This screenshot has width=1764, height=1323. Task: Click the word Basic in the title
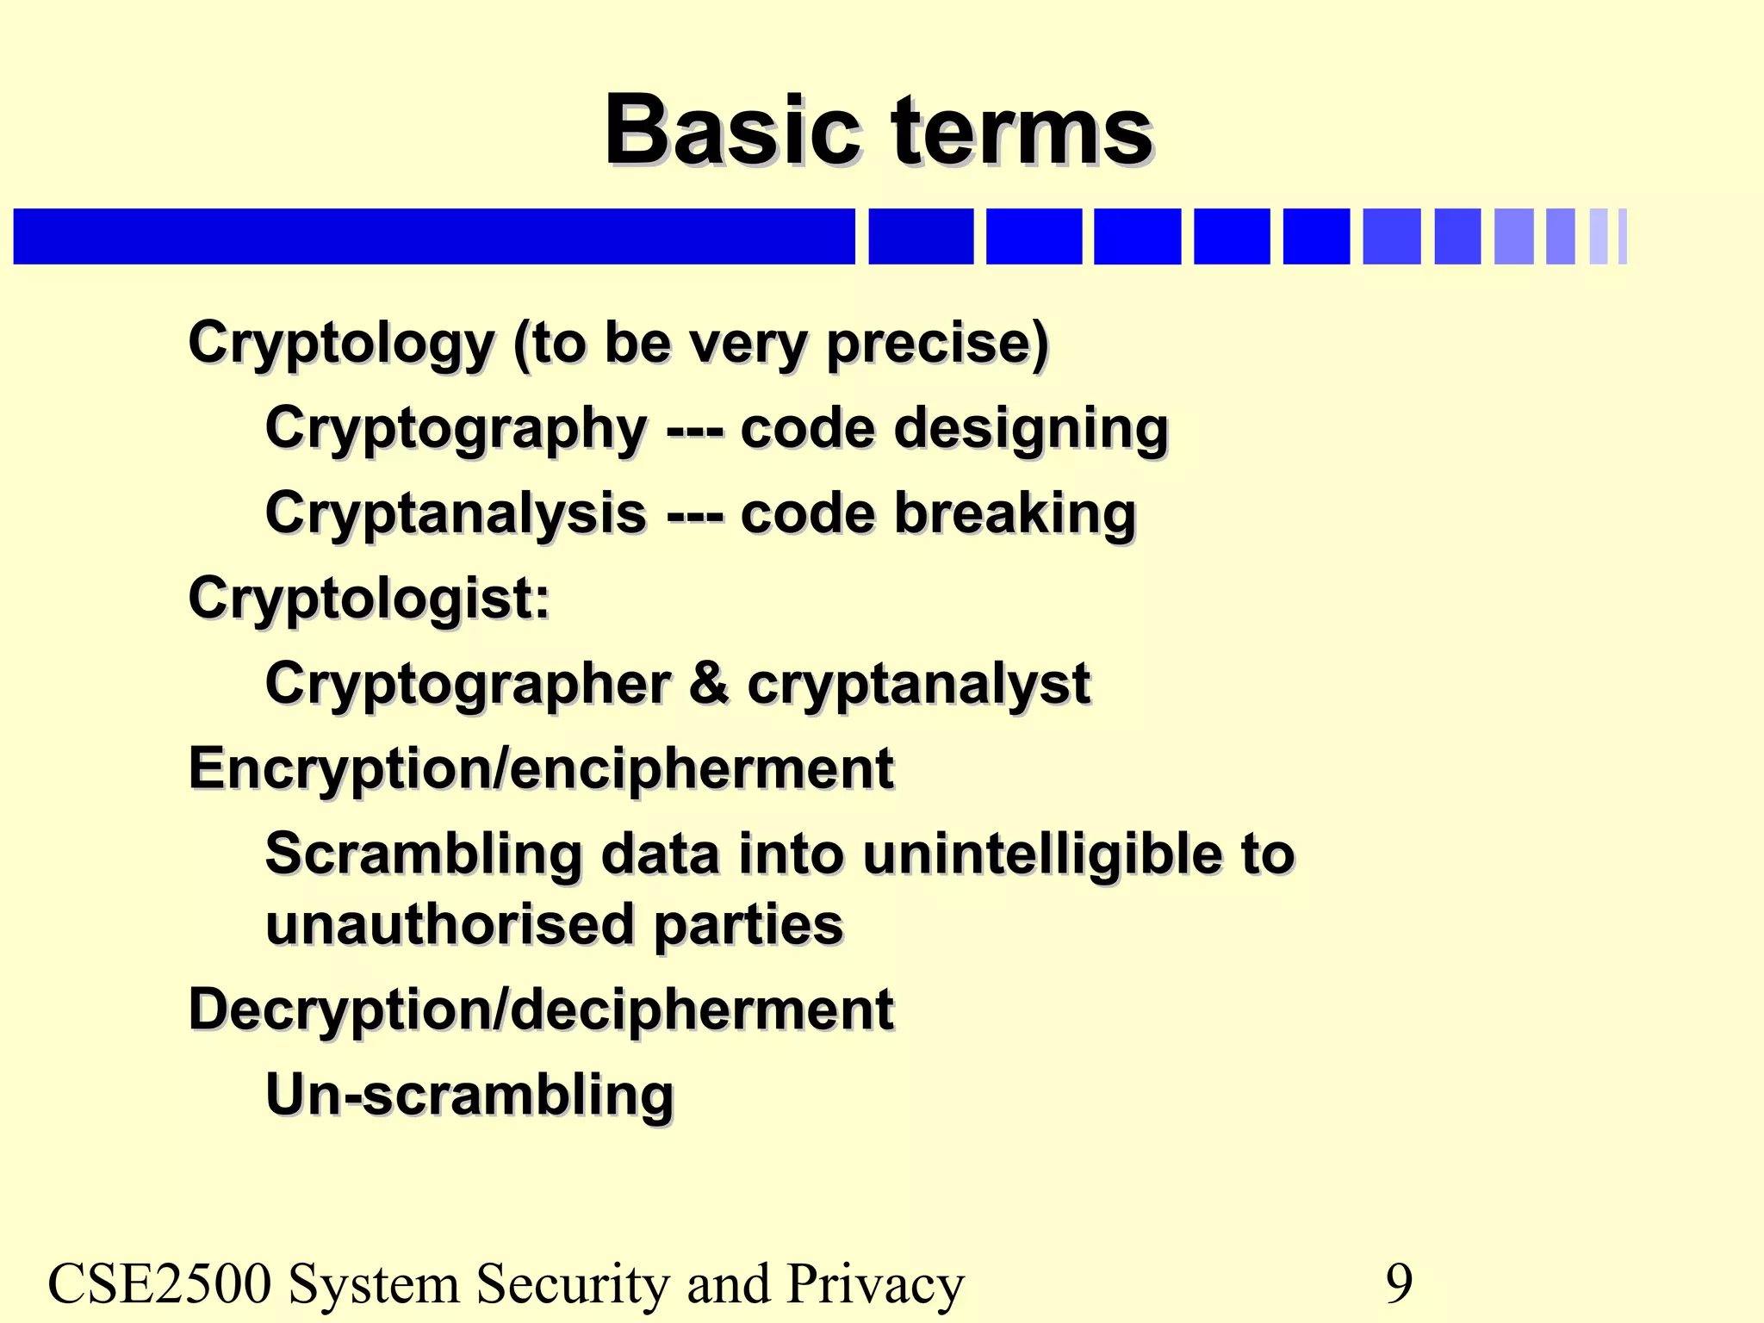pos(732,131)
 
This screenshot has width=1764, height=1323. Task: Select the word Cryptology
pos(341,344)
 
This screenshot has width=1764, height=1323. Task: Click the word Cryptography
pos(456,428)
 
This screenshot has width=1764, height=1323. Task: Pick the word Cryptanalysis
pos(456,512)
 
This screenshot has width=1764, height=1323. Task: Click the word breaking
pos(1016,512)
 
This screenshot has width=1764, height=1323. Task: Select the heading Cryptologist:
pos(369,598)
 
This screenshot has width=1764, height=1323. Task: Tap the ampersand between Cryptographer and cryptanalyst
pos(708,683)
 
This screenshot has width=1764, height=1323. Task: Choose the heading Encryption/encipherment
pos(541,768)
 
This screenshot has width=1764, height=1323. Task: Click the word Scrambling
pos(424,854)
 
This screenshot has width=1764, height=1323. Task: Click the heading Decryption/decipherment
pos(541,1009)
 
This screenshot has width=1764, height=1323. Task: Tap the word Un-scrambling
pos(469,1095)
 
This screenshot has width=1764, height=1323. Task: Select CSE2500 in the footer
pos(159,1283)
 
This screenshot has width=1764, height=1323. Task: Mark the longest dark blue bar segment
pos(434,236)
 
